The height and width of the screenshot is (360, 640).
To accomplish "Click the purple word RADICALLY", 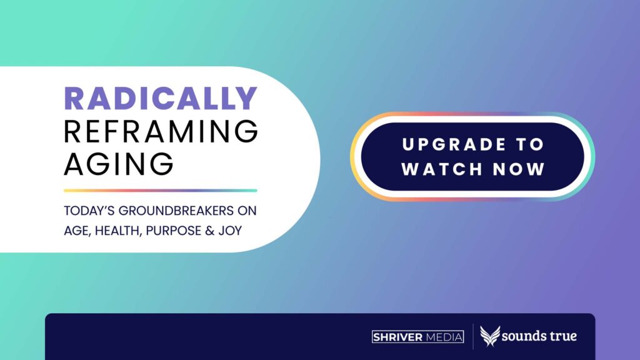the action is pos(161,98).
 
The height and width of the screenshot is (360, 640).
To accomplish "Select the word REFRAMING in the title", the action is pos(161,131).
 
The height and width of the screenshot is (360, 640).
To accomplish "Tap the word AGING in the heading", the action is pos(119,164).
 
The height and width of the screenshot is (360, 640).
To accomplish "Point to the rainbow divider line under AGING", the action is pos(161,191).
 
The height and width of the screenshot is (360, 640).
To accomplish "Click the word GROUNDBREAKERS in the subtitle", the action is pos(176,211).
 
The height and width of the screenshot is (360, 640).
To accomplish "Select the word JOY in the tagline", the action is pos(230,231).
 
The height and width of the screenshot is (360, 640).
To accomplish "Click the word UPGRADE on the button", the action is pos(454,144).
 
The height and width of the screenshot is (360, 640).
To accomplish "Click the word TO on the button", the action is pos(530,144).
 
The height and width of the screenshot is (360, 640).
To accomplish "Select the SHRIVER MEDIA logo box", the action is pos(417,337).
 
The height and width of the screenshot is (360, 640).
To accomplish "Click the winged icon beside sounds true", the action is pos(490,336).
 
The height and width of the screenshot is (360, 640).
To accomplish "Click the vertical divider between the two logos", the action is pos(472,337).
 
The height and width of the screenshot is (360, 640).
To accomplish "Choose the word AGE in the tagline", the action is pos(77,231).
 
